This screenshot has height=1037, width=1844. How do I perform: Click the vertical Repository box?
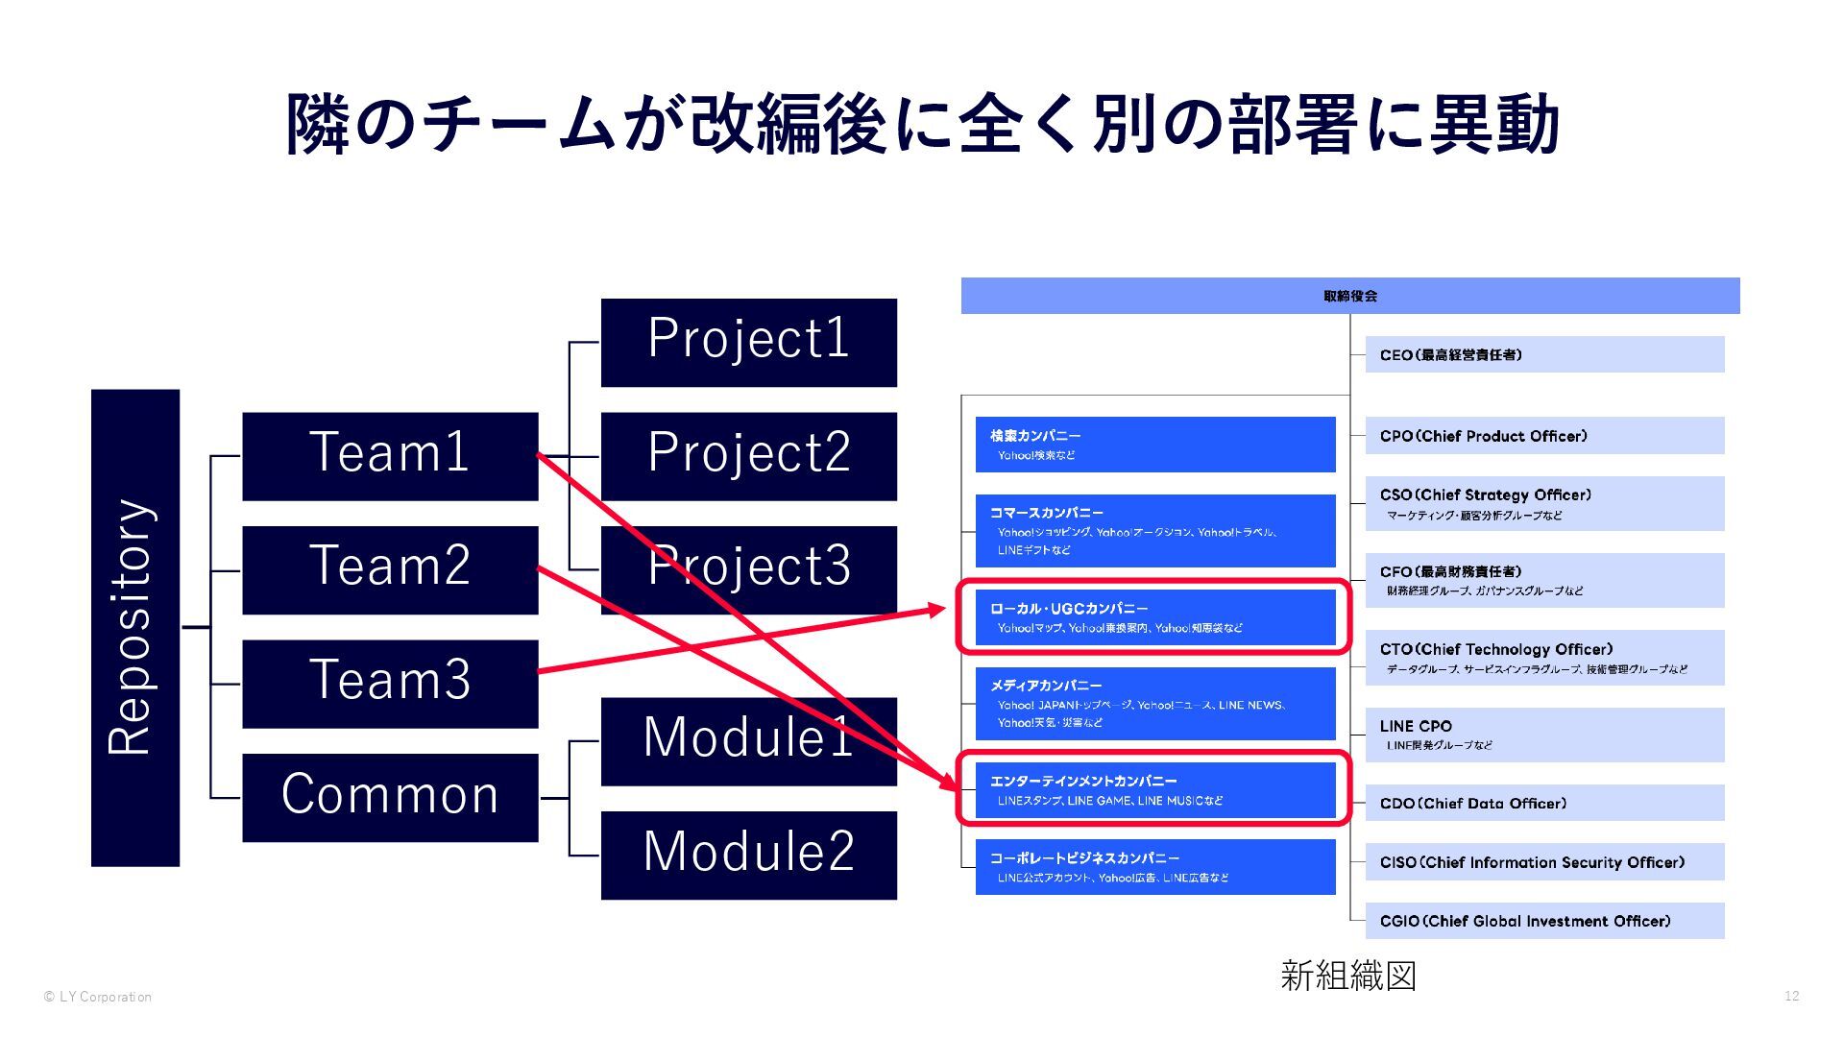(x=135, y=627)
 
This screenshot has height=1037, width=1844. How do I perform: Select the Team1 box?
(x=390, y=456)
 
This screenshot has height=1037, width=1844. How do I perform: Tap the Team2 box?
(x=390, y=569)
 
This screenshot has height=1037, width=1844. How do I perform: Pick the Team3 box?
(x=390, y=684)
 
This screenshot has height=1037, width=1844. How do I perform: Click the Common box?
(x=390, y=797)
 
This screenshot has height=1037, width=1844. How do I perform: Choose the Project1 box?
(x=748, y=342)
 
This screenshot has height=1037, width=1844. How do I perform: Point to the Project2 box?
(x=748, y=456)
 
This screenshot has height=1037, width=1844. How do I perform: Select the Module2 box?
(x=748, y=855)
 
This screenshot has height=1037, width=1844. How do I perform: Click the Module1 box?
(x=748, y=740)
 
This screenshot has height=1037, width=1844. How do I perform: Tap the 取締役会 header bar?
(x=1349, y=296)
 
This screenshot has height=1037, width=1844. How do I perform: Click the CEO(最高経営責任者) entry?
(x=1544, y=354)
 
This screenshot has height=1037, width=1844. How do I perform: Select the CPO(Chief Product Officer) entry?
(x=1544, y=436)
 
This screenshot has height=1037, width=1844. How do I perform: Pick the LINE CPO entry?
(x=1544, y=735)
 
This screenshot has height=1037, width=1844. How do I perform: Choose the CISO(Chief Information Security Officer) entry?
(x=1544, y=862)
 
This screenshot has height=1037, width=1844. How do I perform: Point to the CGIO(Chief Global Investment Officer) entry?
(x=1544, y=921)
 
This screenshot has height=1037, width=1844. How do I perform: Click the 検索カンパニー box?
(x=1155, y=445)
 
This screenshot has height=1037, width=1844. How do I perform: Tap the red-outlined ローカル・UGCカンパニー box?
(x=1155, y=617)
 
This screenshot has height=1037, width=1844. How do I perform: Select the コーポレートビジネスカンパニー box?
(x=1155, y=867)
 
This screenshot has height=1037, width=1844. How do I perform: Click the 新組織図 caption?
(x=1348, y=976)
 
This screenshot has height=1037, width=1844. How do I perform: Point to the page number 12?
(x=1791, y=996)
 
